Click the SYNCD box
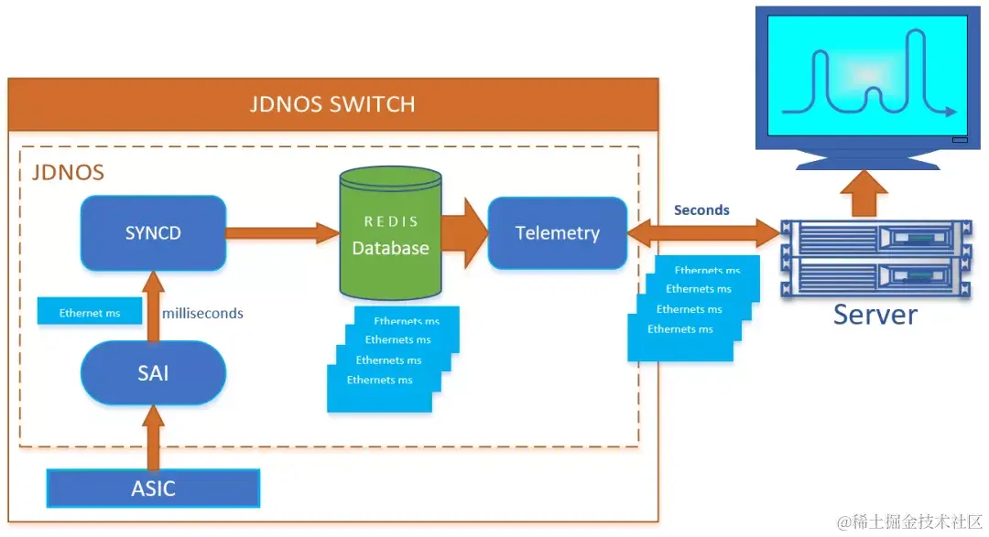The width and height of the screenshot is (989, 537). tap(153, 232)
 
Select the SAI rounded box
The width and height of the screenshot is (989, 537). tap(153, 373)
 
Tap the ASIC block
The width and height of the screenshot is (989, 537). tap(153, 488)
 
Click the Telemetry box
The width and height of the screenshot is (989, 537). tap(557, 232)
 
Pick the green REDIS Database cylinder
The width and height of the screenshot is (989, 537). tap(390, 265)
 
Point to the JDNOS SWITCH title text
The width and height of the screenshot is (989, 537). tap(332, 103)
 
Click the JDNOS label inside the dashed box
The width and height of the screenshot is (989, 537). tap(68, 172)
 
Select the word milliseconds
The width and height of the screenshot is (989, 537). tap(202, 313)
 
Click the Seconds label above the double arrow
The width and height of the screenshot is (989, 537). tap(701, 209)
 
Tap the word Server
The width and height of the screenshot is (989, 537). tap(875, 315)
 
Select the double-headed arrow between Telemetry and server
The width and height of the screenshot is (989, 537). tap(702, 232)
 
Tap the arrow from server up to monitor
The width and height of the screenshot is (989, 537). tap(864, 193)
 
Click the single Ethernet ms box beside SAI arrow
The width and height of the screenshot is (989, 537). tap(90, 313)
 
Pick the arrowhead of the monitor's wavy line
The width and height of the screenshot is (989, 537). tap(951, 112)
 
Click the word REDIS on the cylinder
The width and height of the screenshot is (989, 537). tap(391, 221)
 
